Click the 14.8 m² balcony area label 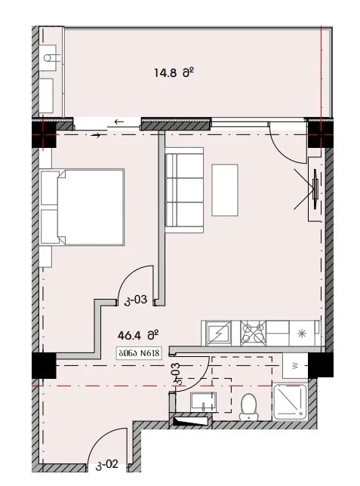click(x=174, y=73)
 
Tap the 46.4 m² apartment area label click(x=138, y=335)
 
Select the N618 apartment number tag click(x=139, y=353)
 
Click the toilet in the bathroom click(x=249, y=407)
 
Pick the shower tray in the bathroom click(x=291, y=401)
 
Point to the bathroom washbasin click(x=204, y=402)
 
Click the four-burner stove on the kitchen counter click(x=253, y=334)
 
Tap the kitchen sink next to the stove click(x=219, y=334)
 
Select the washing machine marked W click(x=295, y=366)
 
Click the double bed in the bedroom click(x=82, y=207)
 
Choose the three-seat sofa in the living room click(x=184, y=189)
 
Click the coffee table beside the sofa click(x=225, y=190)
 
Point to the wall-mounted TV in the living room click(x=315, y=189)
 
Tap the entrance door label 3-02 click(x=107, y=465)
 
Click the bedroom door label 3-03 click(x=136, y=300)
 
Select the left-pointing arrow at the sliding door click(x=119, y=121)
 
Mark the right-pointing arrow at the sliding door click(x=97, y=135)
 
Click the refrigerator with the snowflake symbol click(x=301, y=334)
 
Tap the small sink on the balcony click(x=49, y=58)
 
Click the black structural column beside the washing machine click(x=320, y=364)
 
